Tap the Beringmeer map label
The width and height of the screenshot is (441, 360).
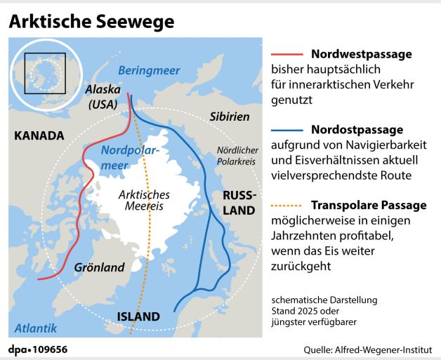[148, 70]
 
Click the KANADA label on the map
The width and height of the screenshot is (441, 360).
[39, 135]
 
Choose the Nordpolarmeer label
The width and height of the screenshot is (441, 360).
[128, 158]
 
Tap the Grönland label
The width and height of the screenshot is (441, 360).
[99, 267]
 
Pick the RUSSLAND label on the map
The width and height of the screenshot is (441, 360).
[240, 203]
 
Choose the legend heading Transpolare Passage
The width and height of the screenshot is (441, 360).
[368, 206]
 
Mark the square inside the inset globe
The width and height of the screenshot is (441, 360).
[44, 73]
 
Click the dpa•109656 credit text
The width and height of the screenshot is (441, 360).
[39, 349]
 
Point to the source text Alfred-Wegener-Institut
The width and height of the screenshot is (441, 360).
[393, 349]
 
